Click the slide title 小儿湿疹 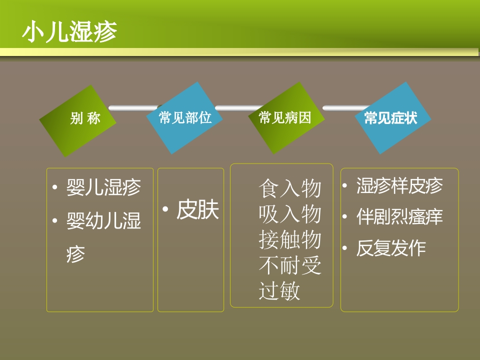pos(69,32)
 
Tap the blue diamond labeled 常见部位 pos(185,118)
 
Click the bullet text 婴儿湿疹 pos(104,187)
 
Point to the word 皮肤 pos(198,210)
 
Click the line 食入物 pos(290,189)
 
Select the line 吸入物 pos(290,214)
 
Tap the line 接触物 pos(290,240)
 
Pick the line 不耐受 pos(290,265)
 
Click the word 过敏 pos(279,291)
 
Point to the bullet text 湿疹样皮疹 pos(399,186)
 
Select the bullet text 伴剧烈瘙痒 pos(399,217)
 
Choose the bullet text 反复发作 pos(391,248)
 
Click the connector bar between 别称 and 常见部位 pos(133,107)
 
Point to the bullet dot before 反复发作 pos(345,248)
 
